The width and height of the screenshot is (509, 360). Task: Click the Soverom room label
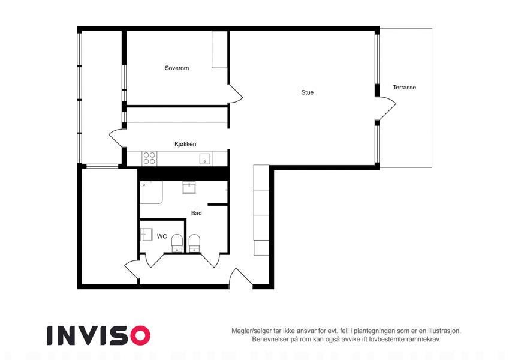(x=177, y=68)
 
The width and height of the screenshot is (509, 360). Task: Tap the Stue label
(x=307, y=92)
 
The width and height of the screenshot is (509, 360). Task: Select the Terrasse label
(x=404, y=88)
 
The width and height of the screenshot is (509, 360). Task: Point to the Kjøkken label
(x=185, y=144)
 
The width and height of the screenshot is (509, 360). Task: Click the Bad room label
(x=197, y=213)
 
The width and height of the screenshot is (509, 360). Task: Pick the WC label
(x=162, y=236)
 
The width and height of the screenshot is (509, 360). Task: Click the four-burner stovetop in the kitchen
(x=149, y=158)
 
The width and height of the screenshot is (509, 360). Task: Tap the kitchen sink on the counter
(x=205, y=159)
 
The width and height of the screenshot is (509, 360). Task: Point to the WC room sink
(x=146, y=234)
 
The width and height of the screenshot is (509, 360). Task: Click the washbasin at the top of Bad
(x=189, y=187)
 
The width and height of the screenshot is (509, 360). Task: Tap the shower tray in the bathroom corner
(x=151, y=193)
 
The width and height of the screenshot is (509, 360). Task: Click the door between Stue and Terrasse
(x=386, y=108)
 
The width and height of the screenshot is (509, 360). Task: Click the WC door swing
(x=154, y=260)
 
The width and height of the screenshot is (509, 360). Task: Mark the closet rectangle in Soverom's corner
(x=219, y=49)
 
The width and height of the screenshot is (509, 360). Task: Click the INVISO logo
(x=99, y=335)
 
